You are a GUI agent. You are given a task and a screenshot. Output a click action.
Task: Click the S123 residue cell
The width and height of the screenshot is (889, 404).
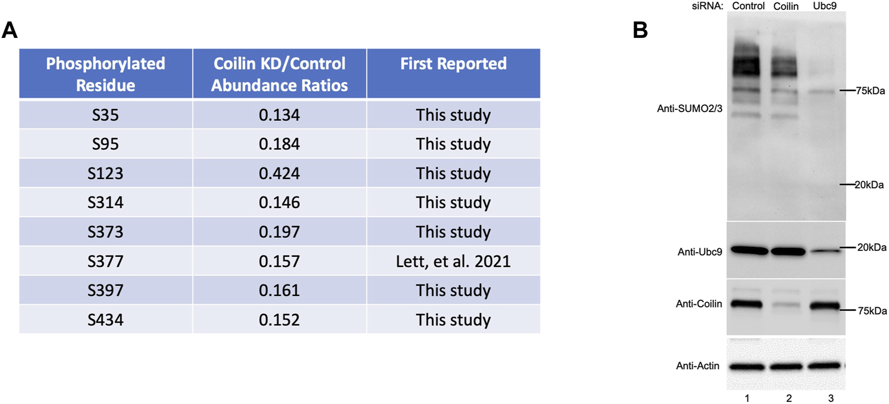click(x=105, y=173)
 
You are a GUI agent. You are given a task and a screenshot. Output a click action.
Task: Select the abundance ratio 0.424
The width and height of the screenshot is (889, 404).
click(x=279, y=173)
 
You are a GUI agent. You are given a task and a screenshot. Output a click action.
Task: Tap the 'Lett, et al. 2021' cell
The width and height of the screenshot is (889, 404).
click(x=453, y=261)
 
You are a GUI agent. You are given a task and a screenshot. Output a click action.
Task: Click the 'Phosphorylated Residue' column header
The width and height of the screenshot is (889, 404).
click(x=105, y=74)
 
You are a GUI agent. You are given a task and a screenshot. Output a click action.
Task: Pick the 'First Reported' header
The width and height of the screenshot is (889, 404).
click(x=453, y=64)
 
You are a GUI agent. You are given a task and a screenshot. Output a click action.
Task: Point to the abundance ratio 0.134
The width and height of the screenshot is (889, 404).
click(x=279, y=115)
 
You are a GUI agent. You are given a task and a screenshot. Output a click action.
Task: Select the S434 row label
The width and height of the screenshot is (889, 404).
click(x=105, y=320)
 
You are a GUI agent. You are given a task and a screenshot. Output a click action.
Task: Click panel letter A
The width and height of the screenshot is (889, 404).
click(x=10, y=30)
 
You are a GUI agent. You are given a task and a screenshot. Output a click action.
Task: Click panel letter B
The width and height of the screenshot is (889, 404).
click(x=640, y=30)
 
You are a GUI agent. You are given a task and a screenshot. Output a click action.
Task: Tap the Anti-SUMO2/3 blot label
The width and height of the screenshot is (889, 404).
click(x=689, y=109)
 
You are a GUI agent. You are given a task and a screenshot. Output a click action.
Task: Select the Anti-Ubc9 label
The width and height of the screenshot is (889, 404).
click(x=700, y=252)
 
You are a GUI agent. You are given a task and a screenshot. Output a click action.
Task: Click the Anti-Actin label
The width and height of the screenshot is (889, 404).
click(x=697, y=366)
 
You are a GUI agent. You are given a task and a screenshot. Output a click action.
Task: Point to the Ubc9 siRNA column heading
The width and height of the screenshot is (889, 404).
click(x=825, y=6)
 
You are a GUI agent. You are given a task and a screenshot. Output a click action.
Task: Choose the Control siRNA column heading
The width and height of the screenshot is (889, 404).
click(x=748, y=6)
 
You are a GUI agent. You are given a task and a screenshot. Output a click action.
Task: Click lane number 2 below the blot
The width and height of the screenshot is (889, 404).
click(x=789, y=398)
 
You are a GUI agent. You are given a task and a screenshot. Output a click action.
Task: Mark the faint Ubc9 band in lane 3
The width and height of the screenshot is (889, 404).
click(x=825, y=251)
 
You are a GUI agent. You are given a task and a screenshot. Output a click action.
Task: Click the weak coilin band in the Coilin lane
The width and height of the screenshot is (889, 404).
click(x=787, y=305)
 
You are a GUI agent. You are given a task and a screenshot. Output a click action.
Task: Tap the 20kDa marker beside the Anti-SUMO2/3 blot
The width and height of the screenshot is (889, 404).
click(x=869, y=185)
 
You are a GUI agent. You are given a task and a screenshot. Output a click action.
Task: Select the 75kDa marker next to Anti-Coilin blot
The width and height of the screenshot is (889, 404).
click(x=872, y=311)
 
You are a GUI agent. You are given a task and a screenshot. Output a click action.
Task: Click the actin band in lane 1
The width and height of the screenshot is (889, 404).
click(x=747, y=366)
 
